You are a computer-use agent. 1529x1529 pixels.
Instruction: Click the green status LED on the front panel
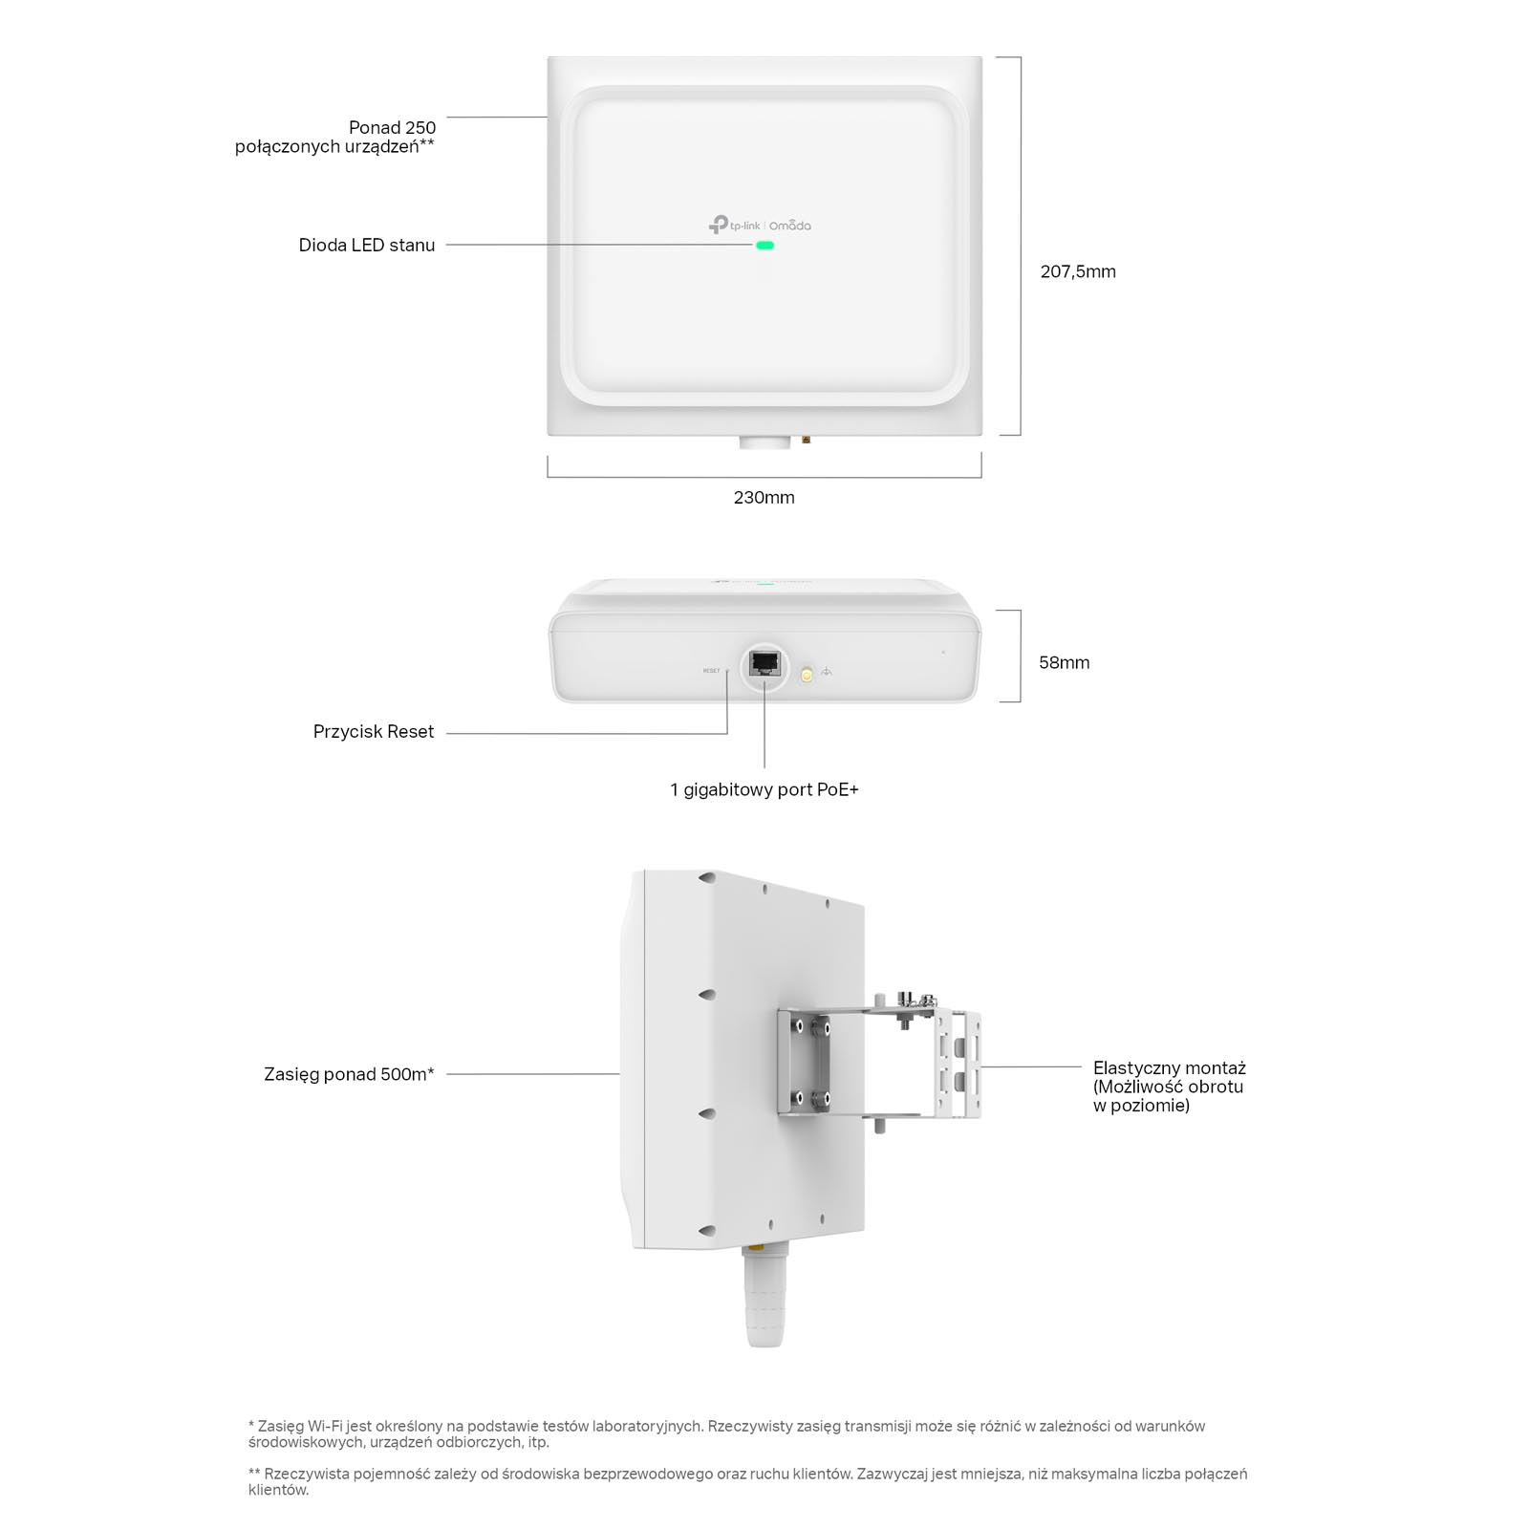(x=764, y=246)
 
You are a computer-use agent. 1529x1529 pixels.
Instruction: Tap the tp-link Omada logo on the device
(x=760, y=225)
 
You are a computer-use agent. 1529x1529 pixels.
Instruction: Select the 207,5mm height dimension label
(x=1078, y=271)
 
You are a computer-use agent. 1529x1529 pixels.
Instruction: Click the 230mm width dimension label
(x=764, y=497)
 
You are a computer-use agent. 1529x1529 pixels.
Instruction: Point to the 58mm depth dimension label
(x=1064, y=662)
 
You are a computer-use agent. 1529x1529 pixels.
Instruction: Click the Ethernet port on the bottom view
(x=764, y=662)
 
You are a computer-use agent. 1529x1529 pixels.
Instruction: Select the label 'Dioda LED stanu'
(x=367, y=245)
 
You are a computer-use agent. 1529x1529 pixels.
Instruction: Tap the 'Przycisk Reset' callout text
(x=374, y=731)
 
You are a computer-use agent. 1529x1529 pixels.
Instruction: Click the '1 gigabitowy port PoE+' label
(x=764, y=789)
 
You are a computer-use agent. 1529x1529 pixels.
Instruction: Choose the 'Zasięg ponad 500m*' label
(x=349, y=1074)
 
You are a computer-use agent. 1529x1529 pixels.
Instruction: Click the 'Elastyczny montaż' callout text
(x=1170, y=1067)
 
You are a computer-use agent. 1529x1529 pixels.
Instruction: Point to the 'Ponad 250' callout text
(x=392, y=127)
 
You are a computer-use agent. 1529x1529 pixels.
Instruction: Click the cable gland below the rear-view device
(x=764, y=1295)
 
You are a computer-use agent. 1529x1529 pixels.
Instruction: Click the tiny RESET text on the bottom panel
(x=711, y=671)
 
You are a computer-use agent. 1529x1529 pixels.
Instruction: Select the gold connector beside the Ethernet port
(x=806, y=675)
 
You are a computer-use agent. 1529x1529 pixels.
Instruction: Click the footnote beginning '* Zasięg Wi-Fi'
(x=726, y=1433)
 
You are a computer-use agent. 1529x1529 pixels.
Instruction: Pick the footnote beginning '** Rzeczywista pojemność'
(x=747, y=1481)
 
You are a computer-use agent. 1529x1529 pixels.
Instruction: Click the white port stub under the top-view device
(x=764, y=442)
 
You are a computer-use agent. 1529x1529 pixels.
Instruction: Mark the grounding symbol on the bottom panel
(x=827, y=672)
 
